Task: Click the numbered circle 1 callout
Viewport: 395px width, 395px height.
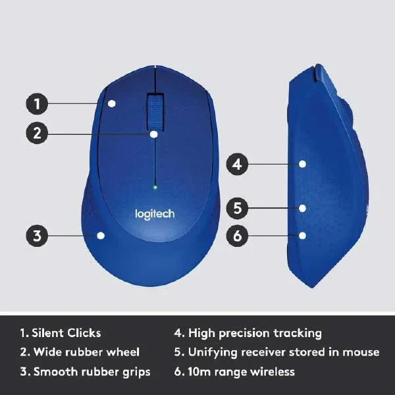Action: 38,103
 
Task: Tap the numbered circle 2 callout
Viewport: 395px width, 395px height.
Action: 38,133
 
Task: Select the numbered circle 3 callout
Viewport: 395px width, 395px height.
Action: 38,235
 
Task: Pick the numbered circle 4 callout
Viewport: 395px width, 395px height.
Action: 238,163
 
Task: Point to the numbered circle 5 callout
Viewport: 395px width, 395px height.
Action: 238,208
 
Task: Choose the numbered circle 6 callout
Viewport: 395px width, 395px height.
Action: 238,235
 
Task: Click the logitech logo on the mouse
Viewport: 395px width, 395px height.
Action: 155,214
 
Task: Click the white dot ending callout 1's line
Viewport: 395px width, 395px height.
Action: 113,103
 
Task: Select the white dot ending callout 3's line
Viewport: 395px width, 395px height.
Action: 100,235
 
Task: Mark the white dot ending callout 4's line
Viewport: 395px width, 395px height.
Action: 302,163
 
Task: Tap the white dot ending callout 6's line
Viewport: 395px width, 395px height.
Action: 302,235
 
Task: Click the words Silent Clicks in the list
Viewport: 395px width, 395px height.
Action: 66,333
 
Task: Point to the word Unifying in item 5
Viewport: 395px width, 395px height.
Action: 211,352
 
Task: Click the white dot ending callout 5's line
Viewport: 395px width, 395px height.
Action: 302,208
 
